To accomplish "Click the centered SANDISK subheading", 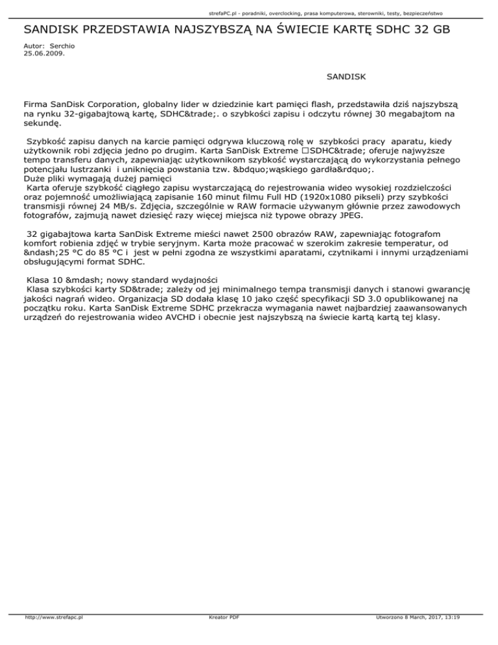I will click(347, 77).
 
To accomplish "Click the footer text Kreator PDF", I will click(220, 635).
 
